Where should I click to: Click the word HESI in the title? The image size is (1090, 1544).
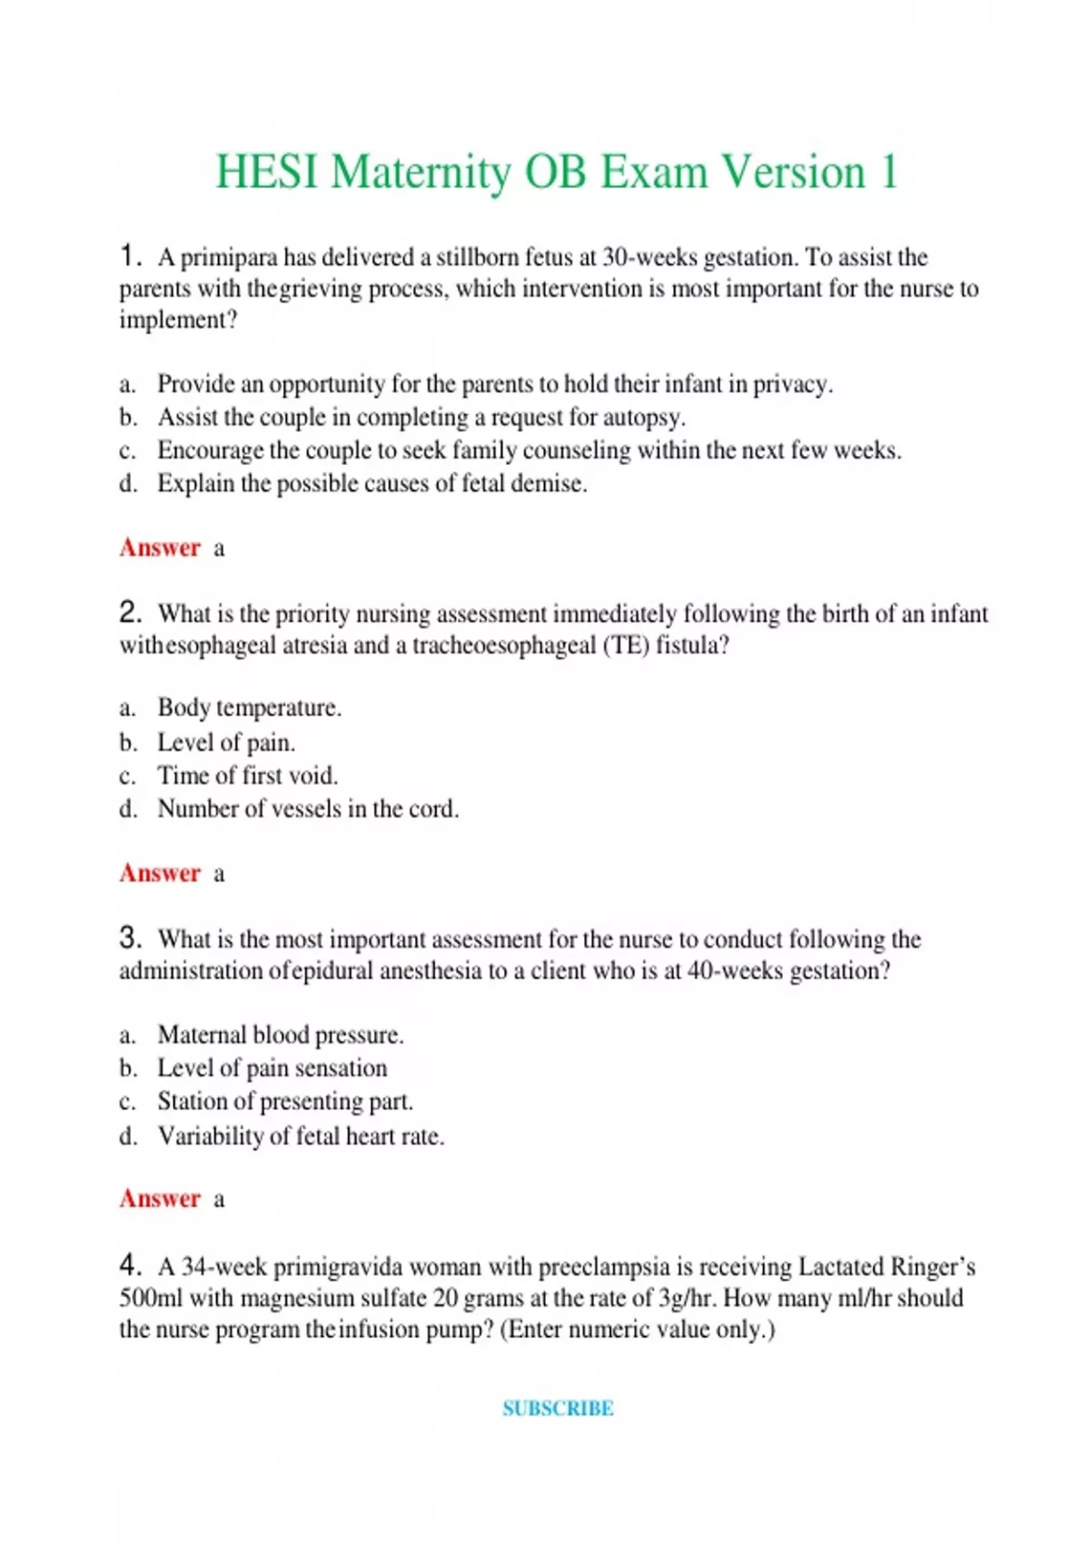click(x=267, y=173)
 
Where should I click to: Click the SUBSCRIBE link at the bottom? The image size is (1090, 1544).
click(x=558, y=1409)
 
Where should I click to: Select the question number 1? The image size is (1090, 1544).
click(x=130, y=256)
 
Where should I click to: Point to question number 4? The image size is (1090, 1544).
click(x=130, y=1264)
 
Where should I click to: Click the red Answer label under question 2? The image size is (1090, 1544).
click(x=160, y=873)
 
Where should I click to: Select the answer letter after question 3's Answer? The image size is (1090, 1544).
click(x=219, y=1199)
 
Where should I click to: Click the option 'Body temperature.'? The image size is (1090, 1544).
click(x=249, y=708)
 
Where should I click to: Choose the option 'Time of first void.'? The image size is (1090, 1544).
click(x=247, y=776)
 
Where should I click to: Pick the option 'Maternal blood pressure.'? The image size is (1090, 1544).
click(x=280, y=1034)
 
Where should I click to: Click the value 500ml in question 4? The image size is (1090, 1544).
click(x=151, y=1298)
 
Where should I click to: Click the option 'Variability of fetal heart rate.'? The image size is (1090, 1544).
click(x=301, y=1136)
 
